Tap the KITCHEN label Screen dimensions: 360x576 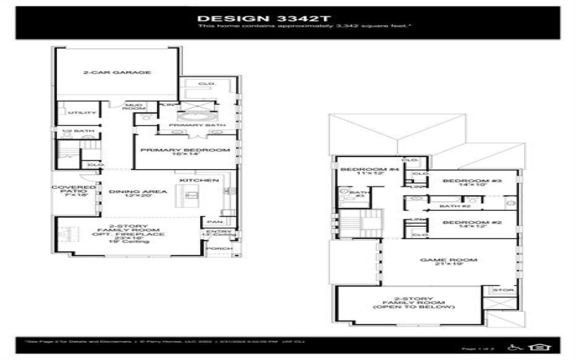tap(194, 179)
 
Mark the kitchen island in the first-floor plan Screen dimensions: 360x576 tap(192, 195)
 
